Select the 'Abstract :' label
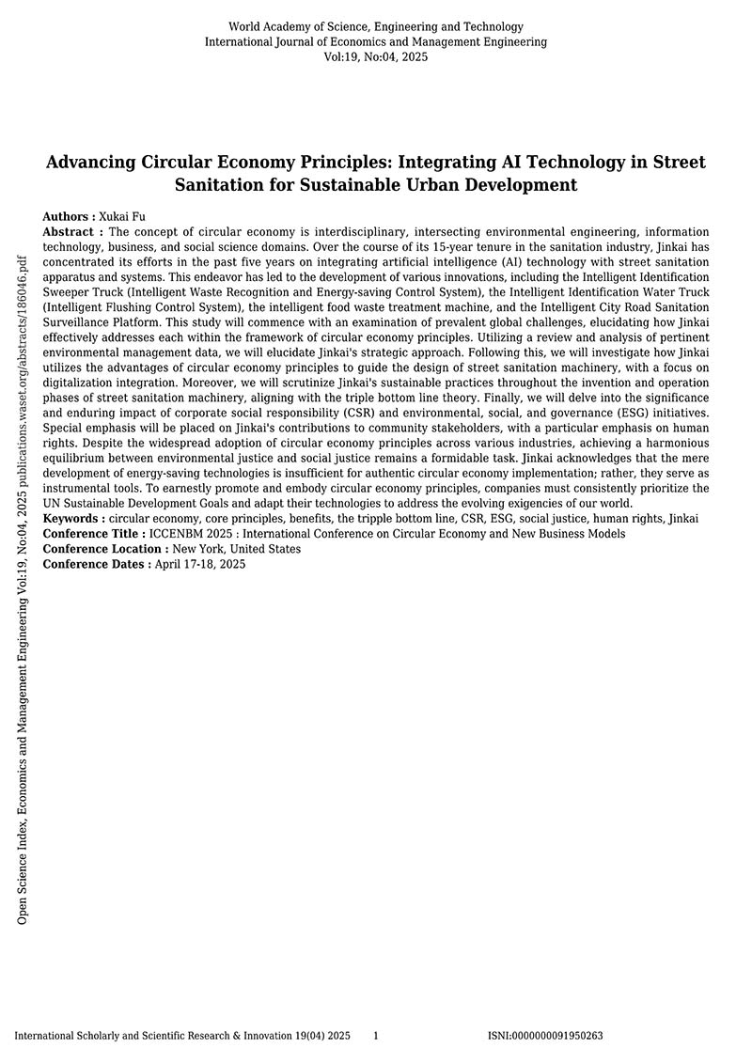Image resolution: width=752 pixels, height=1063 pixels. (x=73, y=231)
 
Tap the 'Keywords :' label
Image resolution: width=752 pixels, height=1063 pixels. (x=75, y=519)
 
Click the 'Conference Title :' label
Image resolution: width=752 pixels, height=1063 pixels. (x=94, y=534)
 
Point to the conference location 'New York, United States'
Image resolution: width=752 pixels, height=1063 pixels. (x=237, y=549)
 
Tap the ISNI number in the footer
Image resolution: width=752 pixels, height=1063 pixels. (x=545, y=1035)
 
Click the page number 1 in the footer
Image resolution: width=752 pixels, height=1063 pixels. (x=376, y=1035)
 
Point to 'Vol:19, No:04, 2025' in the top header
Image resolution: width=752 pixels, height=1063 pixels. (x=375, y=56)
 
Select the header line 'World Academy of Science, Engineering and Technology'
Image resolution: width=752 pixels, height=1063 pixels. (x=375, y=26)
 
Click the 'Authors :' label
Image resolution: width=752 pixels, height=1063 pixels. (x=70, y=216)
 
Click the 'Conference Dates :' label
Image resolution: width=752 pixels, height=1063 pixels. (x=97, y=564)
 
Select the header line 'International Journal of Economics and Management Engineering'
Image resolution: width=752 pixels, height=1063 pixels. (x=375, y=41)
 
